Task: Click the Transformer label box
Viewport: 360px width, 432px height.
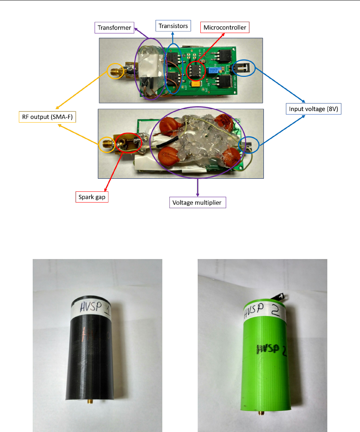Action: pos(114,28)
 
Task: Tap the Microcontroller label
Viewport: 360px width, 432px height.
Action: pos(225,27)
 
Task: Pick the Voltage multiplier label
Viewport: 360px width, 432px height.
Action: pos(198,203)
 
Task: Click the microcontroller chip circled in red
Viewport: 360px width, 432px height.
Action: pos(195,70)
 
